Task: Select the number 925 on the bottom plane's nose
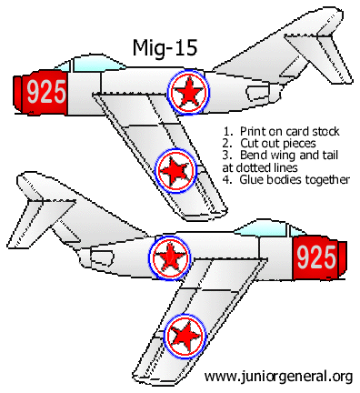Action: [x=316, y=257]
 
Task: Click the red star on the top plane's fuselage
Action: [x=189, y=91]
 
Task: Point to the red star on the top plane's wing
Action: [x=175, y=168]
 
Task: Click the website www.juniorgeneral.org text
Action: [x=278, y=376]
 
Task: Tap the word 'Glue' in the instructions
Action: [x=252, y=179]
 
